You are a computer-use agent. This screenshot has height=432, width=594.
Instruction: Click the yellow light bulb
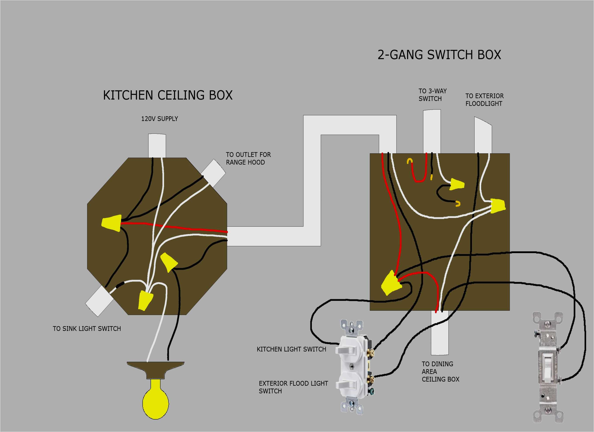coord(155,399)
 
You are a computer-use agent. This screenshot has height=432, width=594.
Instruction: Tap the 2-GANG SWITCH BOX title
coord(439,55)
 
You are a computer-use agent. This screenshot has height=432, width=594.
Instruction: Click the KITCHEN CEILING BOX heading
coord(168,95)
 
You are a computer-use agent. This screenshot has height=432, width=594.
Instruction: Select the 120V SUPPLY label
coord(159,119)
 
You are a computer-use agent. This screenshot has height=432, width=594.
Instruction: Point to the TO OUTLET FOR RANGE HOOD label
coord(248,158)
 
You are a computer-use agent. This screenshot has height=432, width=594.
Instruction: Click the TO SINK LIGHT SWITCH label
coord(87,329)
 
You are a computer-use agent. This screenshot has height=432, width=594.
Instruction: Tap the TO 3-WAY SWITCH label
coord(432,95)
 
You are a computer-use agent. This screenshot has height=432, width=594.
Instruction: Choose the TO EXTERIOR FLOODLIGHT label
coord(484,100)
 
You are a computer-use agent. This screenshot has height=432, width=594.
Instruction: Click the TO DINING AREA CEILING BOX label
coord(440,371)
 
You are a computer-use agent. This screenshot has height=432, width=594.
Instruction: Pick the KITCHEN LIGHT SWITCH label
coord(291,349)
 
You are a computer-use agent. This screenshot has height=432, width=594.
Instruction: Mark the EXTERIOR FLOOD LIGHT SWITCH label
coord(293,387)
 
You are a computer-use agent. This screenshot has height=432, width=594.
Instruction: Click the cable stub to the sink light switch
coord(100,301)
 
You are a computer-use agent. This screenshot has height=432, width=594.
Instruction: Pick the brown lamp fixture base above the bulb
coord(155,369)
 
